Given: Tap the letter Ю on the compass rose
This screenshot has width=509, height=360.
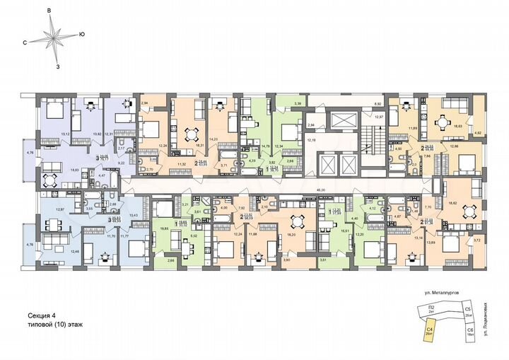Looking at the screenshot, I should click(82, 34).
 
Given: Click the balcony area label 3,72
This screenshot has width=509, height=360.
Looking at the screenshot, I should click(476, 240).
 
